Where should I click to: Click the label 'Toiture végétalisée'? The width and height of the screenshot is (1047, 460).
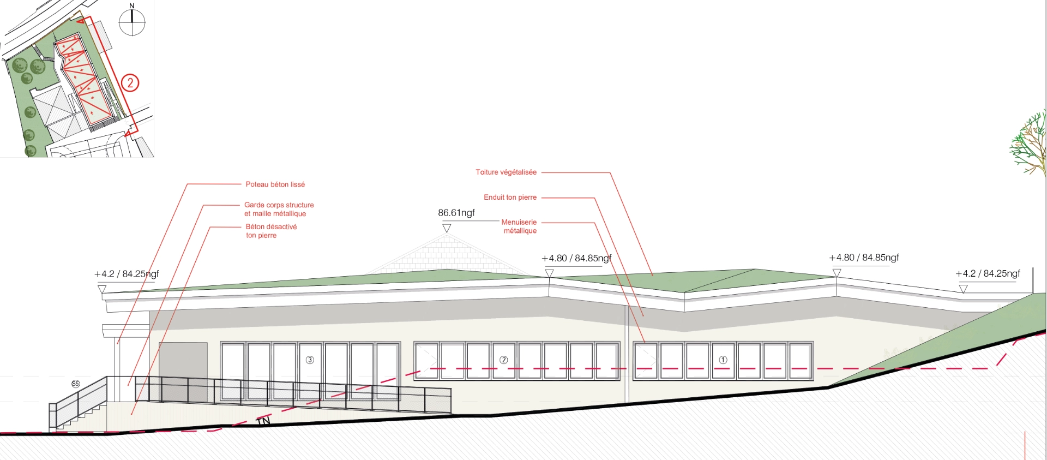506,172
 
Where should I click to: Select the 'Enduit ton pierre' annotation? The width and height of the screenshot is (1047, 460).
510,197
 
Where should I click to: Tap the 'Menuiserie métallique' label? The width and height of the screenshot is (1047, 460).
519,226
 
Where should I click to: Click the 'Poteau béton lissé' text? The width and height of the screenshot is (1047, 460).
275,184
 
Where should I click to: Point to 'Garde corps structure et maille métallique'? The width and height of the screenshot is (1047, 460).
279,209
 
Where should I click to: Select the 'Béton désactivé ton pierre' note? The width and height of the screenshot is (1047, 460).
271,231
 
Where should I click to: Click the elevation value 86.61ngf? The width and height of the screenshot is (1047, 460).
456,213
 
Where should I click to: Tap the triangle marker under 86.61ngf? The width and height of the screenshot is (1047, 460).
447,228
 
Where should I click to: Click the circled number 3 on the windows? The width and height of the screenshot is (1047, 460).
310,360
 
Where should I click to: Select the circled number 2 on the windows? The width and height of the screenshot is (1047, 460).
503,360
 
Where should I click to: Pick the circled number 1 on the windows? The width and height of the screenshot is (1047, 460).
723,360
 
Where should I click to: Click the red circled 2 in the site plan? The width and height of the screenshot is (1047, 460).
130,83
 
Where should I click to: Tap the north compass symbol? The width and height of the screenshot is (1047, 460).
132,23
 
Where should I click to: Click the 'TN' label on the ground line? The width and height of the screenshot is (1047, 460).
263,421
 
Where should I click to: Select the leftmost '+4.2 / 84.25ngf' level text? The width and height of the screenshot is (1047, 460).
127,274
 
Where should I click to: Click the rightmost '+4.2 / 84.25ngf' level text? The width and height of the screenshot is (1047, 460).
987,273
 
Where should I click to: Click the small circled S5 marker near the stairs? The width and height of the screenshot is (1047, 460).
75,384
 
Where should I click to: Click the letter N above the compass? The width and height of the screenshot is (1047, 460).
131,5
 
